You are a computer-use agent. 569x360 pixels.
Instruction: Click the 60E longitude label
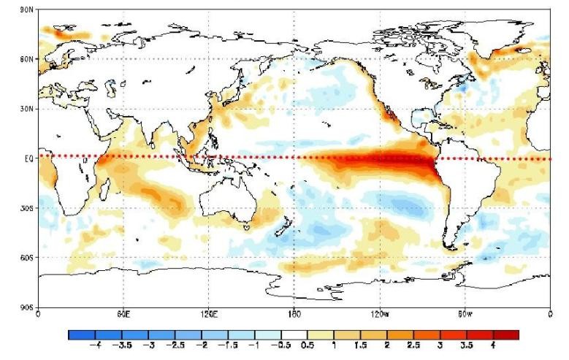pos(123,315)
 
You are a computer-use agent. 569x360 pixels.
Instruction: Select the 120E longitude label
pos(208,315)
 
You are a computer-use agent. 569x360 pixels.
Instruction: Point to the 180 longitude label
pos(294,315)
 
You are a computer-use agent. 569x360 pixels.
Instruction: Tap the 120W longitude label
pos(379,315)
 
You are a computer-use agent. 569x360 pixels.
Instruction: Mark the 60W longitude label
pos(465,315)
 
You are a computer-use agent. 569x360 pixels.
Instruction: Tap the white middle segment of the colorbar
pos(294,334)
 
